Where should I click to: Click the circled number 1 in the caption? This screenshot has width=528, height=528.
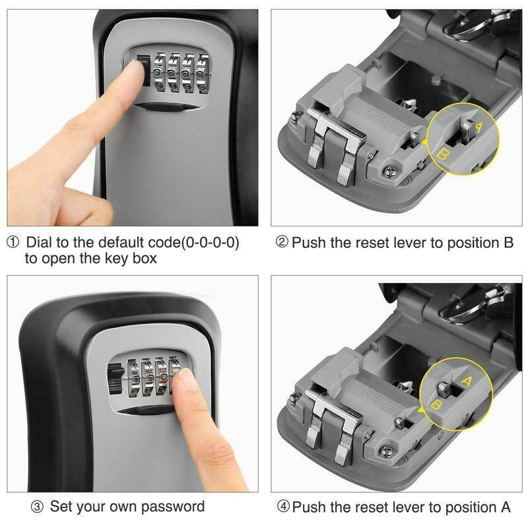[x=13, y=243]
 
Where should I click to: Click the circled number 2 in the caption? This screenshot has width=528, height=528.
[x=282, y=243]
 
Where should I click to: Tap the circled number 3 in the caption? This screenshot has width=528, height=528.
[x=38, y=507]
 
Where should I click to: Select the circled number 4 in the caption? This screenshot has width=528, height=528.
[x=283, y=507]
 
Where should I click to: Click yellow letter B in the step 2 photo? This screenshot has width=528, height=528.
[x=444, y=154]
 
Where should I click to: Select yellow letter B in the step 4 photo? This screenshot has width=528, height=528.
[x=436, y=404]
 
